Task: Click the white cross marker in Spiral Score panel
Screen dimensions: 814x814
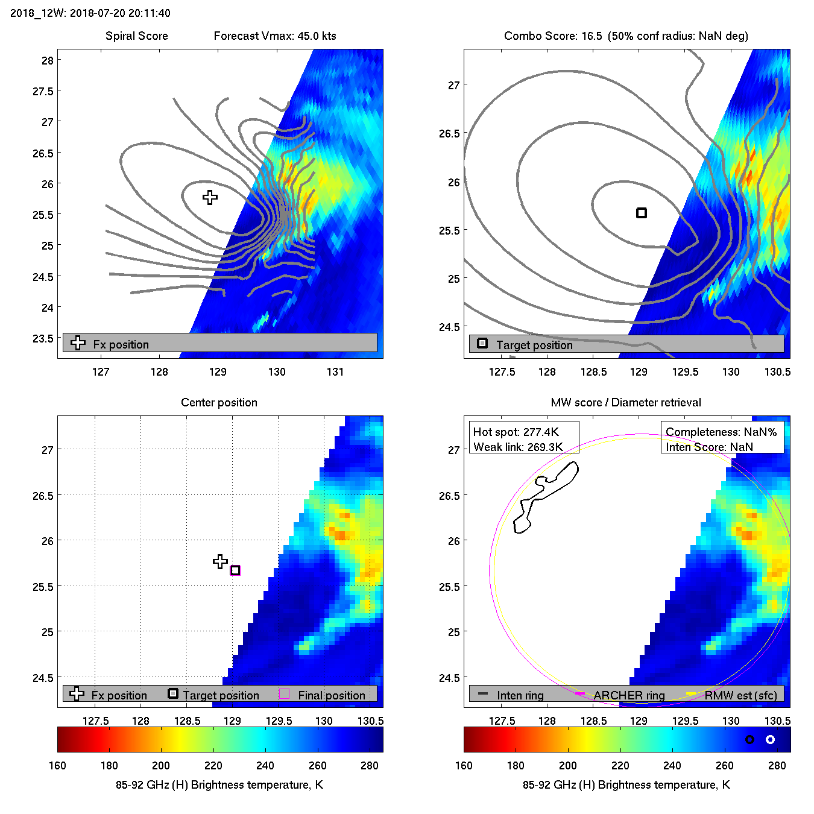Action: [210, 197]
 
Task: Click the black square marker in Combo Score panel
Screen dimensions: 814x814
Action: [642, 213]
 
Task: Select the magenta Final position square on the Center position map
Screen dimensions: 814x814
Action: [235, 570]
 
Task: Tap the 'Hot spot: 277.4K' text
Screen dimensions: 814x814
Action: [516, 432]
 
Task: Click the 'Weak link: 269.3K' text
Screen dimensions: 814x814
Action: [518, 447]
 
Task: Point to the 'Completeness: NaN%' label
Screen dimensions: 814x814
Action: [721, 432]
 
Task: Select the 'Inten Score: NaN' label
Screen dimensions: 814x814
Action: [709, 447]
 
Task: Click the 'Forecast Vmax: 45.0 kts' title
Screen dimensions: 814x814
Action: [275, 36]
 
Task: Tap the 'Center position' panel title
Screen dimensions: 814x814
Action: [219, 402]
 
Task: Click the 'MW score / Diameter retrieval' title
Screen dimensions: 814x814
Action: [626, 402]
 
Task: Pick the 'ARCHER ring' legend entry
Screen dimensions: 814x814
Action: [629, 695]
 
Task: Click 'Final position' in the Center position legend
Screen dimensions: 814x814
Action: [331, 695]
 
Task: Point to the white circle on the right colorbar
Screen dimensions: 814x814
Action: [770, 739]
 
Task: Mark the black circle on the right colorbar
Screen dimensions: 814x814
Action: [749, 739]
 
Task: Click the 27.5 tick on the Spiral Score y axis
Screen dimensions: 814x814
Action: [43, 91]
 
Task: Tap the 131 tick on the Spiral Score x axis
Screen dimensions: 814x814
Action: [335, 371]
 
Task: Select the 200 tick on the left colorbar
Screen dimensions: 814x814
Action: [161, 765]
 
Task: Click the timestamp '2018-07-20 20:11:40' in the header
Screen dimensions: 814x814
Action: [120, 13]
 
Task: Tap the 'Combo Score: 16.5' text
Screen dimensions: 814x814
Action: [553, 36]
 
